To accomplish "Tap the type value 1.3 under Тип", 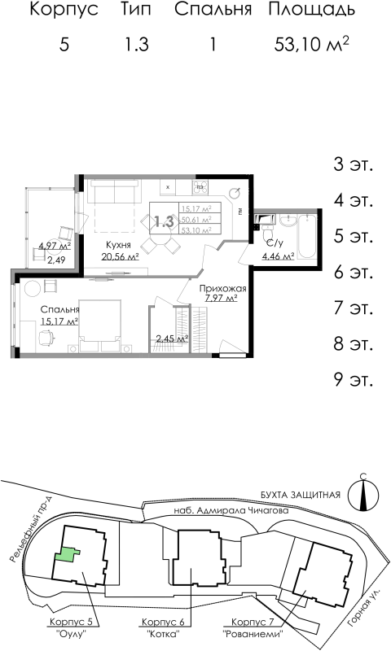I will tap(136, 45).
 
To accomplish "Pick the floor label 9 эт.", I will tap(353, 378).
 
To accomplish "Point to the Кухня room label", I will tap(119, 244).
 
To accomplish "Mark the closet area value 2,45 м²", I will tap(172, 339).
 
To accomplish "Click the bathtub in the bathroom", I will tap(307, 232).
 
